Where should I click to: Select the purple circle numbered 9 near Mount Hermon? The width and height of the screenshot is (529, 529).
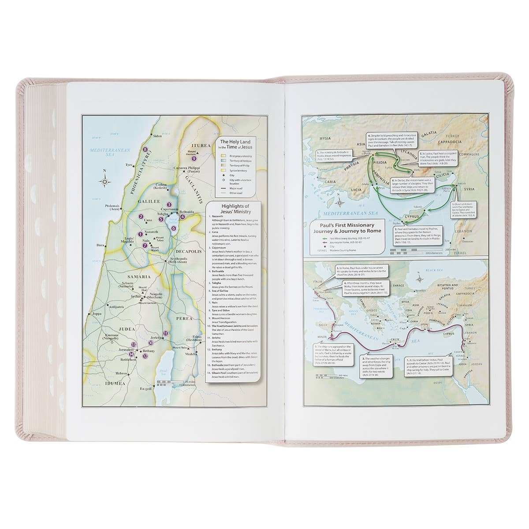tap(194, 159)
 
